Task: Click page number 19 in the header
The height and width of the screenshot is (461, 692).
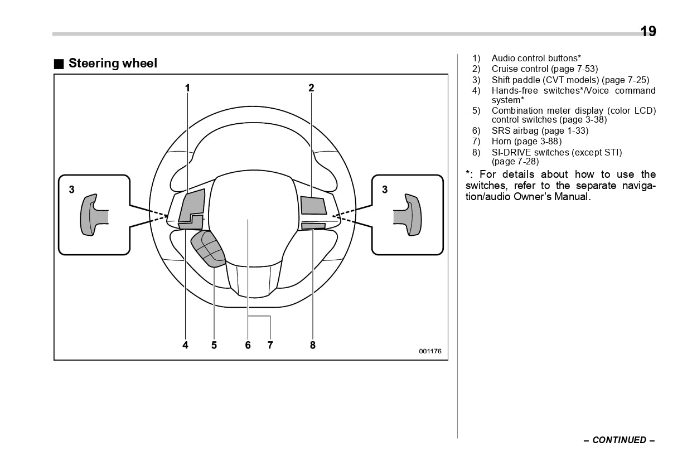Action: tap(648, 31)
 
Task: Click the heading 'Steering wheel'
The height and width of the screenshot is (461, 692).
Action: tap(113, 64)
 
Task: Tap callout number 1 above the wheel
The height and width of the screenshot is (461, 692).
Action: tap(188, 88)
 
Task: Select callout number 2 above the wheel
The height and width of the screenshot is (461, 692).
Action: tap(311, 88)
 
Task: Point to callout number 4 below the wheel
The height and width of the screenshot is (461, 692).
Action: tap(185, 345)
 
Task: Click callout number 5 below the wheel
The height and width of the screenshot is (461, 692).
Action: tap(214, 345)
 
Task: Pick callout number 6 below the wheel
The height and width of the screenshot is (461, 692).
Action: tap(248, 345)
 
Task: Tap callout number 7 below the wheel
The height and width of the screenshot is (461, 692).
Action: tap(270, 345)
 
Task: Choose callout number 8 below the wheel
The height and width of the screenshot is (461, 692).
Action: tap(312, 345)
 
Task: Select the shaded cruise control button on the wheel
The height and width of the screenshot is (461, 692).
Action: tap(313, 206)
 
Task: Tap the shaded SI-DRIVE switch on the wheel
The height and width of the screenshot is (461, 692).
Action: tap(313, 226)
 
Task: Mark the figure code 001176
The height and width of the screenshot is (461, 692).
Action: tap(430, 351)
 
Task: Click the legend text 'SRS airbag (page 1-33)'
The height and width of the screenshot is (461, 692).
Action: tap(540, 131)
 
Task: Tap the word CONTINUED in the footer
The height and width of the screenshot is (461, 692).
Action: tap(619, 440)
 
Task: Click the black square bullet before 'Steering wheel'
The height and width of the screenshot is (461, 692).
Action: tap(59, 64)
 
